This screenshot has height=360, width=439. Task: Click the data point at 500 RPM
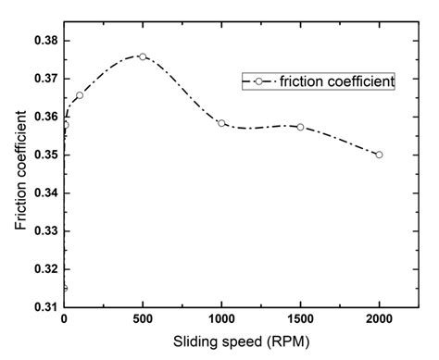click(x=143, y=56)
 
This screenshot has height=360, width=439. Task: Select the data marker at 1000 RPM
click(x=221, y=123)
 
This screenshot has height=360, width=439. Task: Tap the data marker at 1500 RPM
click(x=300, y=127)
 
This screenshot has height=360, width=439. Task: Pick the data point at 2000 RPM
click(x=379, y=155)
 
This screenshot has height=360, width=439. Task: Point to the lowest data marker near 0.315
click(x=64, y=288)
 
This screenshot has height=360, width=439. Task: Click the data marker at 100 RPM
click(x=80, y=95)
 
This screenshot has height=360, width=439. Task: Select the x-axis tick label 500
click(x=143, y=318)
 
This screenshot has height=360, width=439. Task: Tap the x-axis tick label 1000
click(x=221, y=318)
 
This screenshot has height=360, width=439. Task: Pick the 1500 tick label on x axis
click(x=300, y=318)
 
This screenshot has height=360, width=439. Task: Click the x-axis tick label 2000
click(x=379, y=318)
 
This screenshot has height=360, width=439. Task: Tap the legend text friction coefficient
click(x=331, y=81)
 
